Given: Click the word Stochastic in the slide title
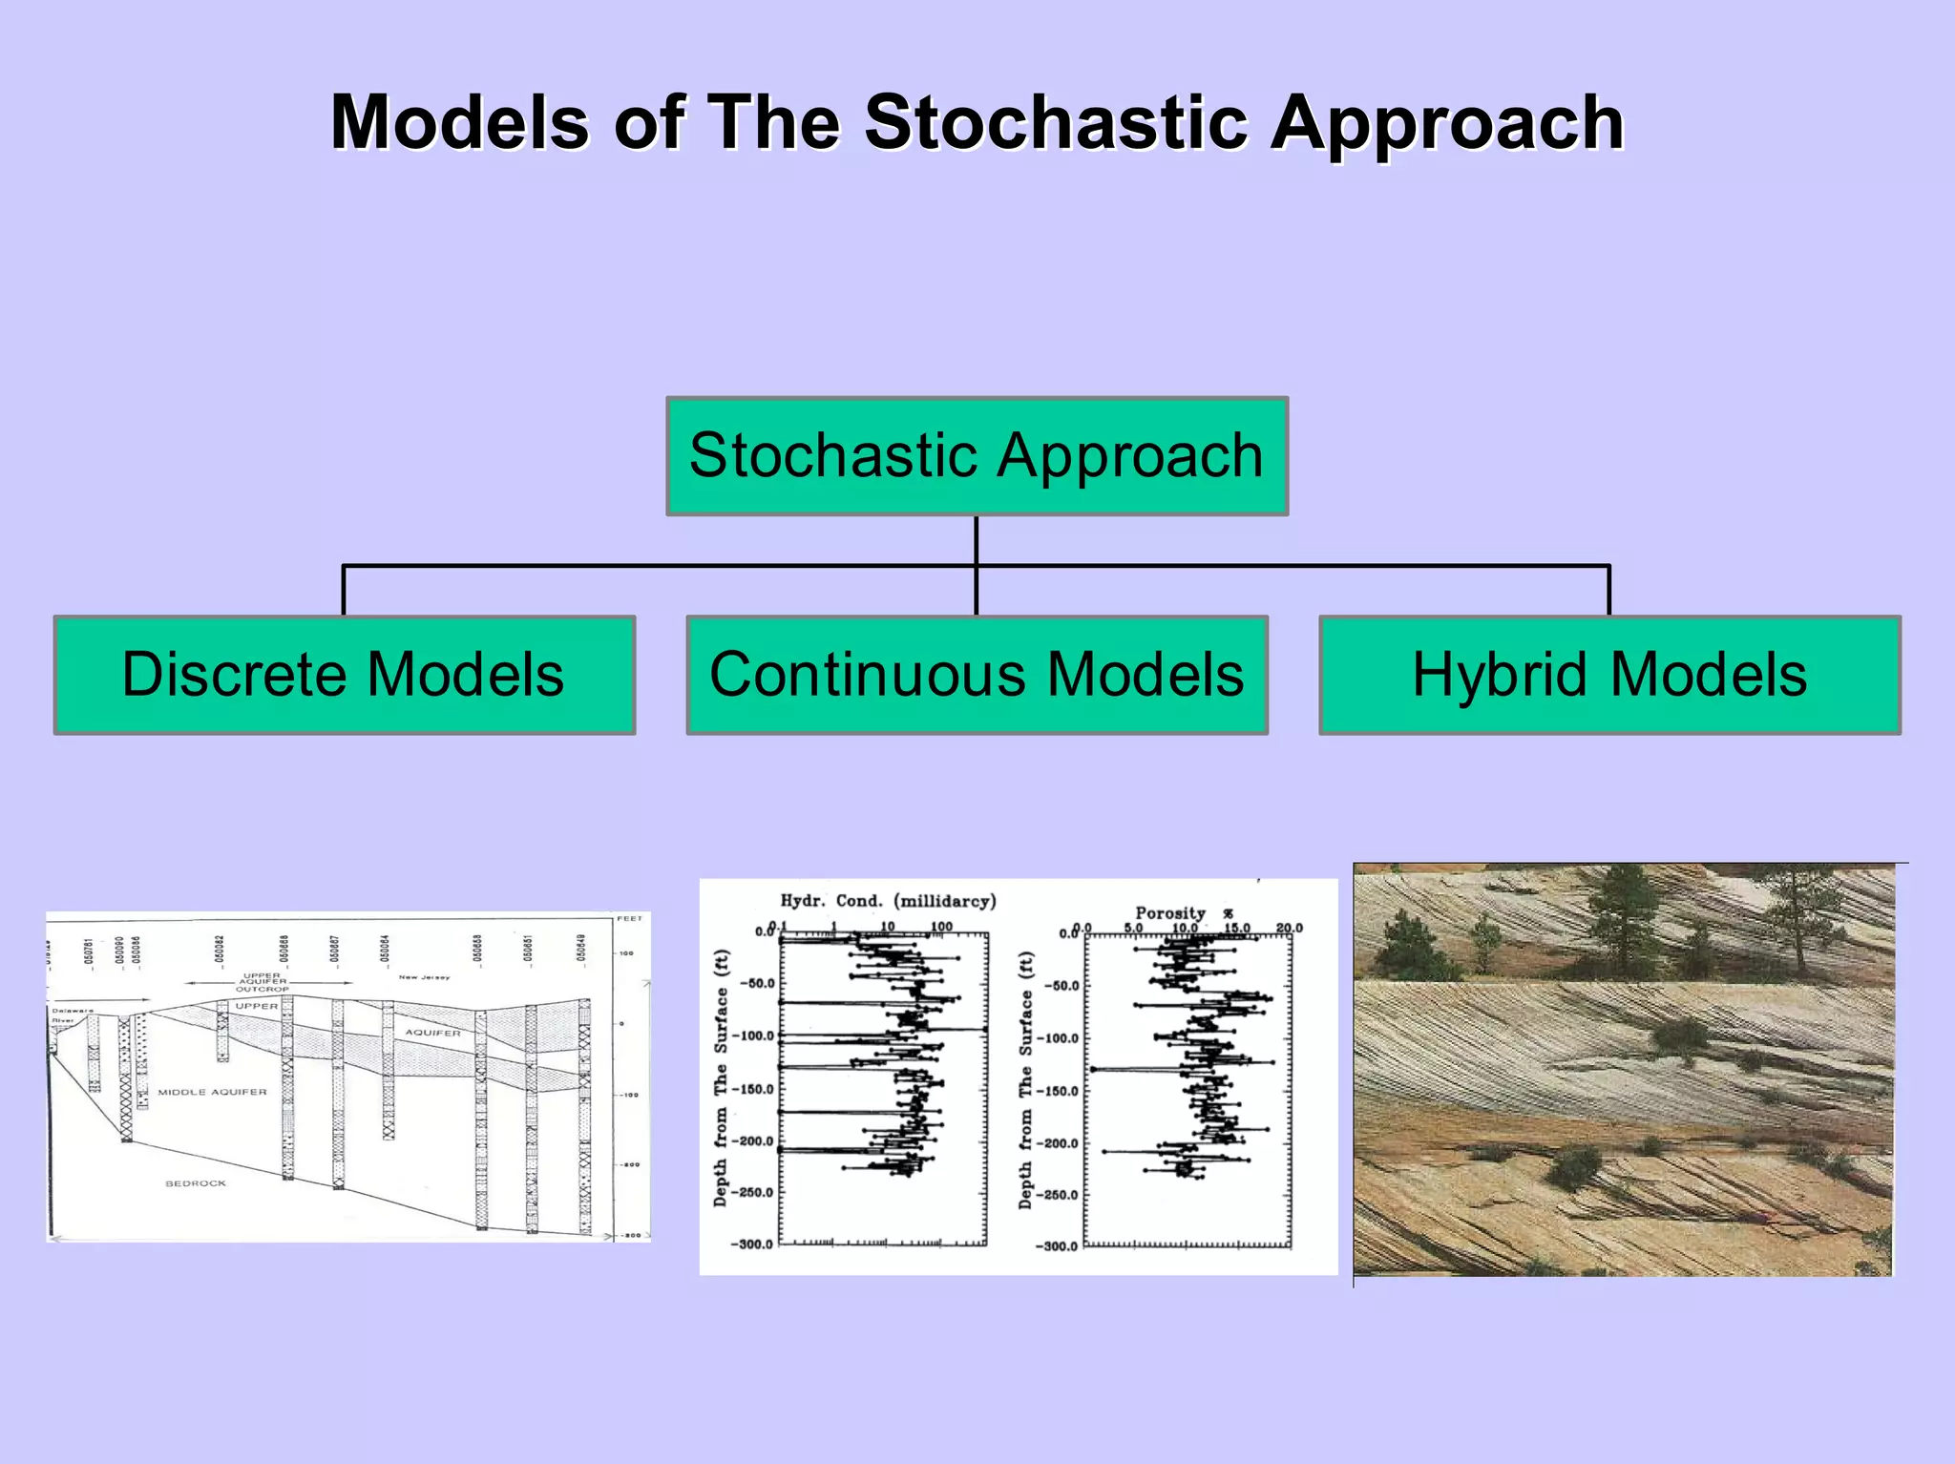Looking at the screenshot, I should pyautogui.click(x=1057, y=124).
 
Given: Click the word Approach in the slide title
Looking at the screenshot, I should pyautogui.click(x=1446, y=124).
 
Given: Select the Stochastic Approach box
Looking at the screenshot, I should pyautogui.click(x=977, y=456).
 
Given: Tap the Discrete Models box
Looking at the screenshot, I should pyautogui.click(x=344, y=675).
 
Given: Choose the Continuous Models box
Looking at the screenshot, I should pyautogui.click(x=977, y=675).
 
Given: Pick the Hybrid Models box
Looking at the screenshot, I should pyautogui.click(x=1609, y=675).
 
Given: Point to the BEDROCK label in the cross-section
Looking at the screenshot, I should pyautogui.click(x=196, y=1183).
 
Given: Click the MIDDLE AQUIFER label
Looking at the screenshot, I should pyautogui.click(x=212, y=1092).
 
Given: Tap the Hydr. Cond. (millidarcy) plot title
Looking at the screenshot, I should pyautogui.click(x=888, y=901).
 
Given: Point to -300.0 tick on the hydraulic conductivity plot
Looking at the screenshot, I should pyautogui.click(x=751, y=1244).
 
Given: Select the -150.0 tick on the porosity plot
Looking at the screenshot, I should pyautogui.click(x=1057, y=1091).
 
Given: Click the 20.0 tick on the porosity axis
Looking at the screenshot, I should pyautogui.click(x=1289, y=928).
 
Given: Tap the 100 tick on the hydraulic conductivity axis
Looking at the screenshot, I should pyautogui.click(x=941, y=927).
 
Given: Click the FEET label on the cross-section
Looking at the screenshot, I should pyautogui.click(x=629, y=919).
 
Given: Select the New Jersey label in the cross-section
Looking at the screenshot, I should pyautogui.click(x=424, y=977).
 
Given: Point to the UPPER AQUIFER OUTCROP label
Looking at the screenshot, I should pyautogui.click(x=262, y=982).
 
